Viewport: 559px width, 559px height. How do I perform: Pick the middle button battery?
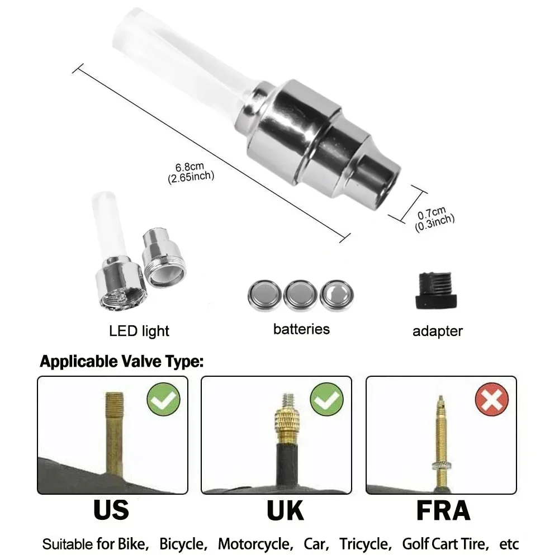(x=300, y=294)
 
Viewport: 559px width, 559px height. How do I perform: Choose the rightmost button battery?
(x=337, y=294)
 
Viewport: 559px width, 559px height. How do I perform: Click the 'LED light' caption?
(x=139, y=330)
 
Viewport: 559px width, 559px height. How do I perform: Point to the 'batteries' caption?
(x=301, y=329)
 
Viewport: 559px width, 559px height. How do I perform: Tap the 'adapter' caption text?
(x=437, y=331)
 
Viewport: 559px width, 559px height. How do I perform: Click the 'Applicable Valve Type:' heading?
(x=121, y=362)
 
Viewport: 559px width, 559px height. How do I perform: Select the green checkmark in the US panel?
(x=163, y=400)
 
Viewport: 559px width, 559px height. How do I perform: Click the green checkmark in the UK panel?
(x=327, y=400)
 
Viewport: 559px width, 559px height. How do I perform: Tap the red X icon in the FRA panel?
(x=491, y=400)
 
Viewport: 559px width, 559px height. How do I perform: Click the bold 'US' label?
(x=111, y=510)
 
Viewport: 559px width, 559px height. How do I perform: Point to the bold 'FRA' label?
(x=443, y=510)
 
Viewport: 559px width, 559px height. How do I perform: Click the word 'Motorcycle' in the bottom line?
(x=254, y=544)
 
